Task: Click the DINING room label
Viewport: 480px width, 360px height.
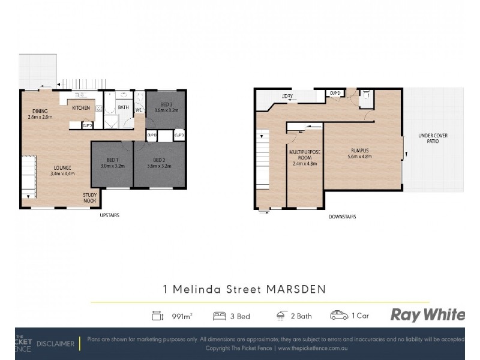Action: [40, 110]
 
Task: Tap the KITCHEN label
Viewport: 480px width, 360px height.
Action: [81, 108]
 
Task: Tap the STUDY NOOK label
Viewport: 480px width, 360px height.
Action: [91, 198]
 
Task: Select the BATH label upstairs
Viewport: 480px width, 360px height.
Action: [123, 108]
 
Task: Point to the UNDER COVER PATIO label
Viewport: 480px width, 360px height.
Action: [428, 139]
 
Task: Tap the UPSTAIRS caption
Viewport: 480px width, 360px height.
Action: [109, 215]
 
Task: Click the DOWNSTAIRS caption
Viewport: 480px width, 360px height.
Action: [343, 217]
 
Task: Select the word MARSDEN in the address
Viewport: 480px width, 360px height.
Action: [298, 288]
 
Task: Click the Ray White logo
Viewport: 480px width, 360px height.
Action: [427, 314]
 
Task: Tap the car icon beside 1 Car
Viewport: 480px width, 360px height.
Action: [339, 315]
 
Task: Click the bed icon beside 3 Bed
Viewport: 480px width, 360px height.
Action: [220, 315]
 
